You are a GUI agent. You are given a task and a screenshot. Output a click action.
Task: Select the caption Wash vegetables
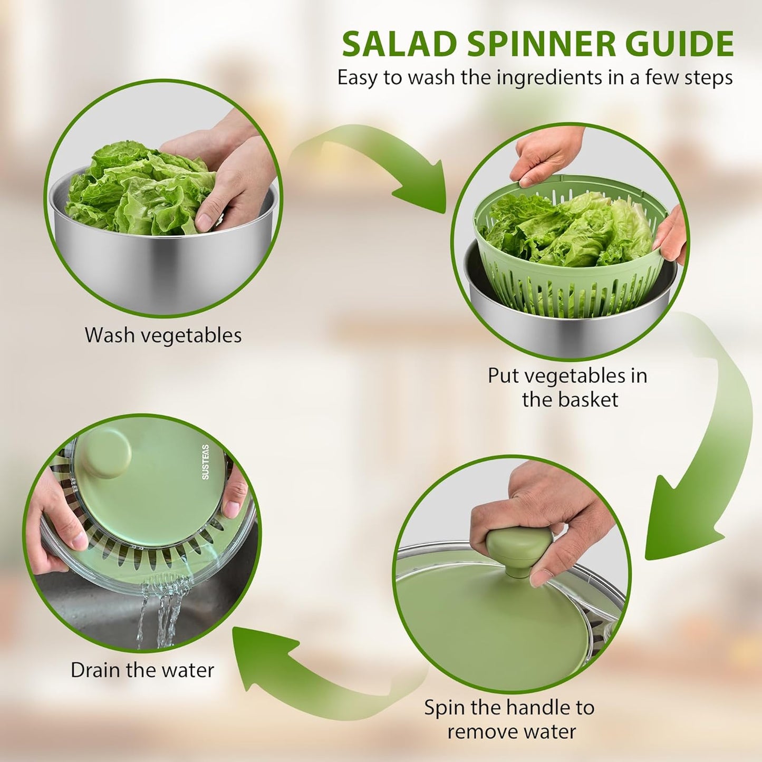163,335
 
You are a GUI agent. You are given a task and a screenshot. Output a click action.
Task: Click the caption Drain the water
142,670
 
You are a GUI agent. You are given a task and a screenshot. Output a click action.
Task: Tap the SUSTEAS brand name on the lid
205,462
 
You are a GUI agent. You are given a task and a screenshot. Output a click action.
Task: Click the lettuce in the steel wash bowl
137,190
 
